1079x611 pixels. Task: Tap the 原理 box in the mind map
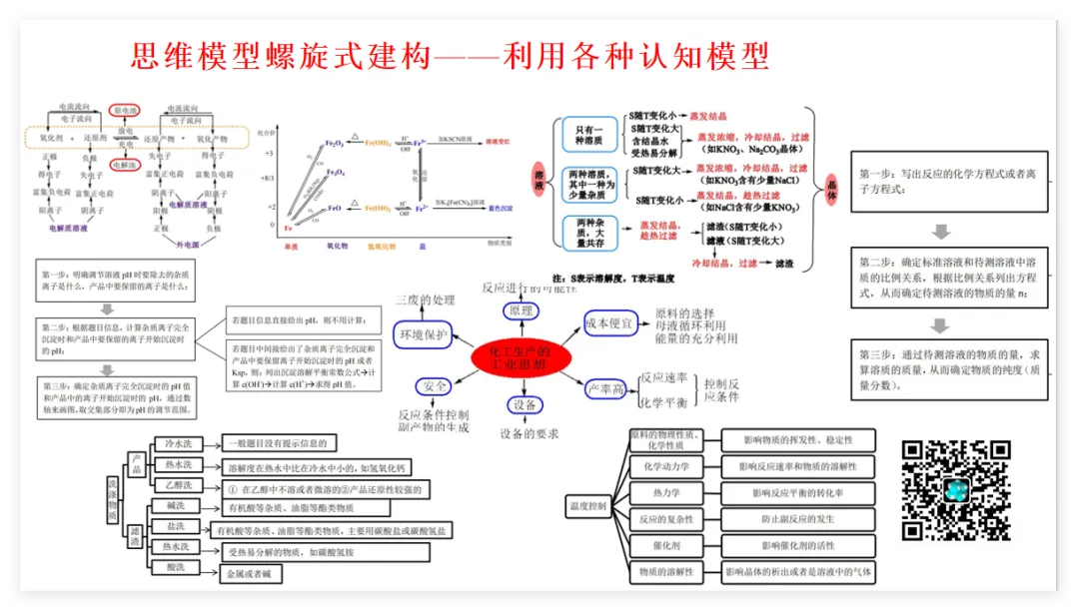520,311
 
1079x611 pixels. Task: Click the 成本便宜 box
610,322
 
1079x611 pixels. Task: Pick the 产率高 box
606,388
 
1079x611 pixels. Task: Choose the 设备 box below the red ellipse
525,404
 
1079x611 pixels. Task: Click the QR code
956,490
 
